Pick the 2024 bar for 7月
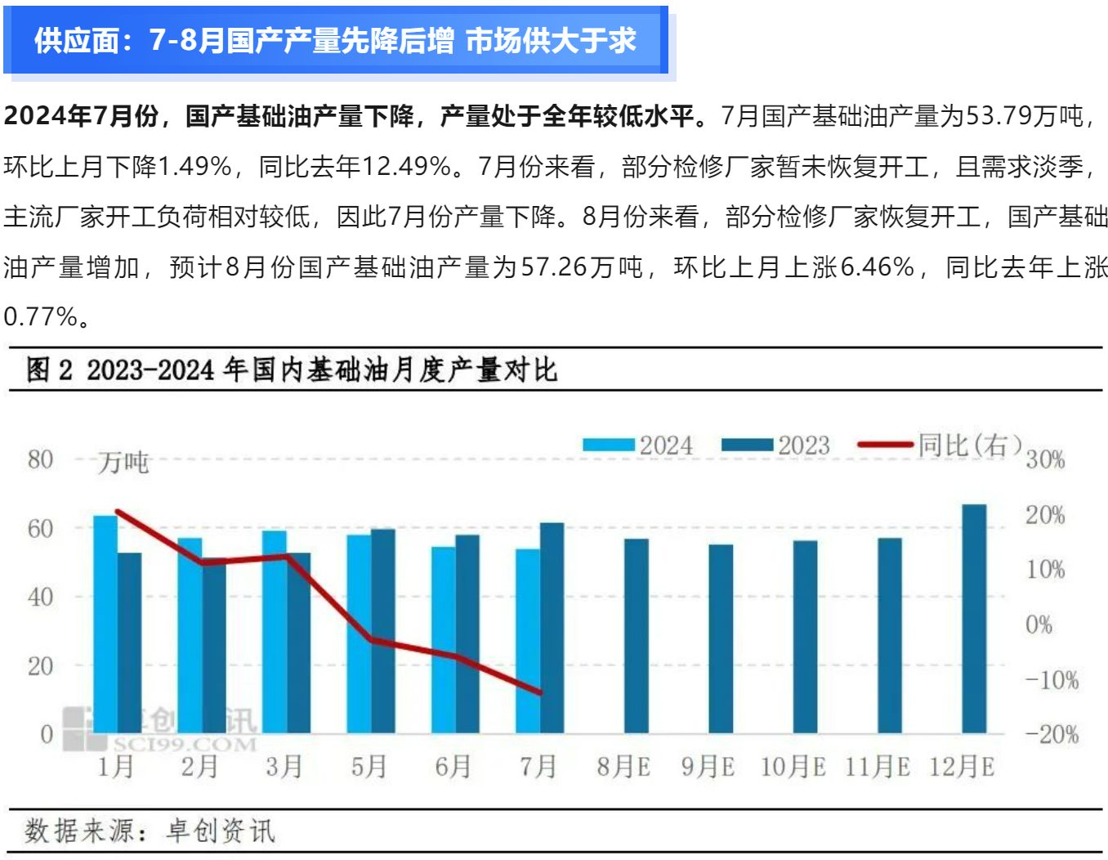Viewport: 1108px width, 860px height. tap(528, 641)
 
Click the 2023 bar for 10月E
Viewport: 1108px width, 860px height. tap(805, 637)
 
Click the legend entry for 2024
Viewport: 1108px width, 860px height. tap(637, 446)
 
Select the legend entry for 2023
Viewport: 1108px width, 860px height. tap(775, 446)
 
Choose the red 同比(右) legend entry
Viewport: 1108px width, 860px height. tap(940, 446)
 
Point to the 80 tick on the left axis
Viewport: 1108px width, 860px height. tap(40, 459)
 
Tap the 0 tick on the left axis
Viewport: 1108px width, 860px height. tap(47, 734)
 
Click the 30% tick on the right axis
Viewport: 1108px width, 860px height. tap(1045, 460)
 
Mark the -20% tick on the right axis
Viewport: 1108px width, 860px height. tap(1052, 735)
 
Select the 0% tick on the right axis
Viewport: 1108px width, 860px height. tap(1039, 625)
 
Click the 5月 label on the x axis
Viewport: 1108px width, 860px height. tap(369, 767)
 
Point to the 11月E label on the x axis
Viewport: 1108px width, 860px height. tap(877, 768)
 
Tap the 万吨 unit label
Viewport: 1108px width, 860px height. tap(123, 463)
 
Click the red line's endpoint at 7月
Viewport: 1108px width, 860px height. tap(540, 692)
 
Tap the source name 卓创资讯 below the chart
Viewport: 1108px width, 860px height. tap(221, 831)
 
